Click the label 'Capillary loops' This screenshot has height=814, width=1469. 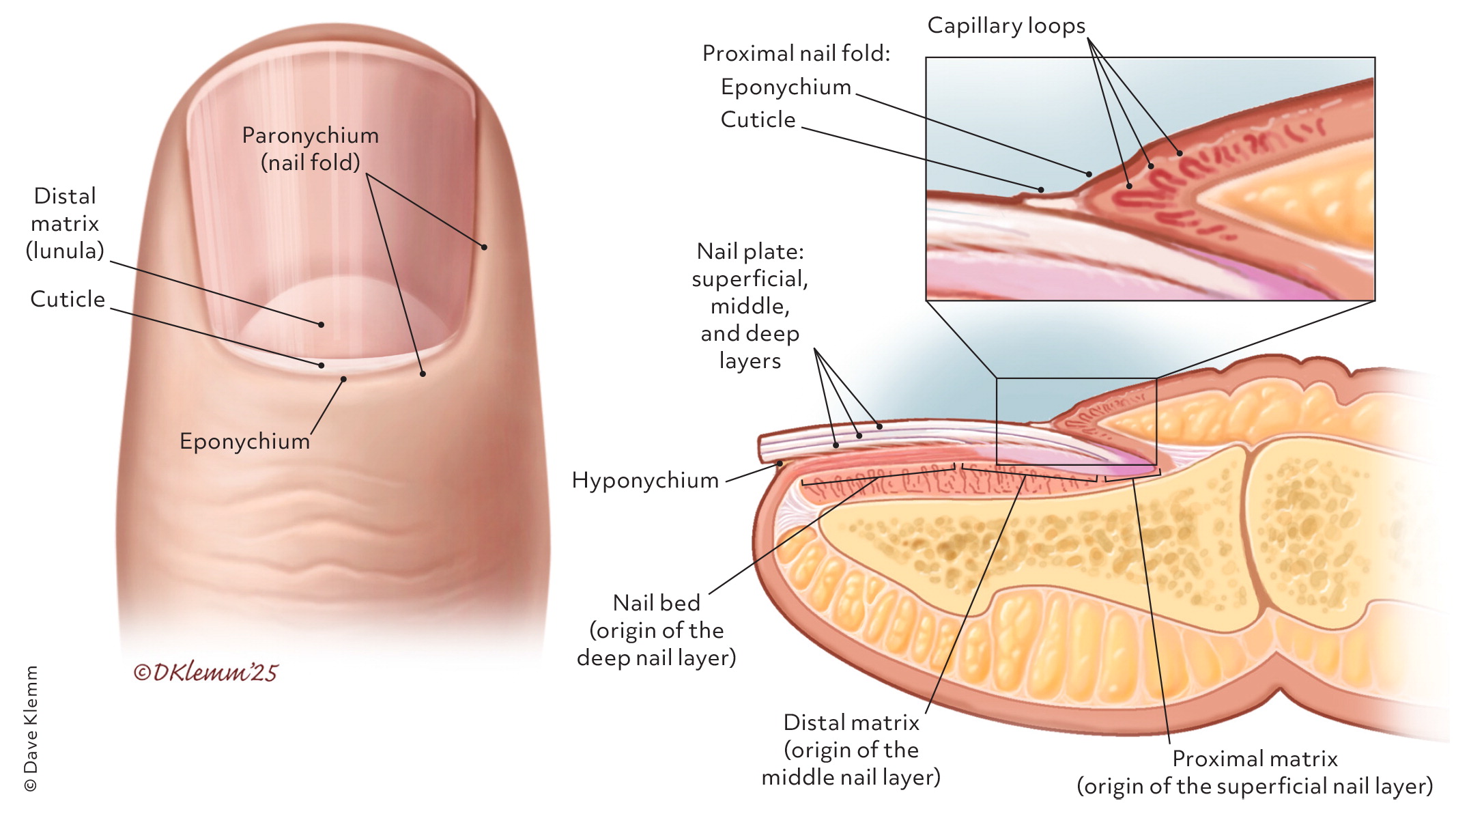[1006, 26]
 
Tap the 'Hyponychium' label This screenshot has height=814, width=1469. [645, 480]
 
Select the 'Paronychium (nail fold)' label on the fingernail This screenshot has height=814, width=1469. [311, 149]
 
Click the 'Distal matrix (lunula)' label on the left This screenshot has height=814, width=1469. [65, 223]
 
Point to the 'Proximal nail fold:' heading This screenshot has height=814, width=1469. [796, 53]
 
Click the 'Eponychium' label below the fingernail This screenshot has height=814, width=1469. [244, 441]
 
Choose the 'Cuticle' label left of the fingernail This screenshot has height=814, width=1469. [68, 299]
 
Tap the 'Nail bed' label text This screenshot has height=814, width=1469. [656, 603]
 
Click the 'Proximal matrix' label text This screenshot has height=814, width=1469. [1255, 759]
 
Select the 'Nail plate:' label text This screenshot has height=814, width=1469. [750, 251]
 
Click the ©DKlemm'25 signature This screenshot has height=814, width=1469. [205, 673]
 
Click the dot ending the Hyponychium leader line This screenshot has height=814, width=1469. [780, 464]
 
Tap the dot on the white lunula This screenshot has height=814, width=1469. [321, 324]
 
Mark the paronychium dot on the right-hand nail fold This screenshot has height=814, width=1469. [484, 247]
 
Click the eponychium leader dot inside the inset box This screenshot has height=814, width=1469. [1089, 174]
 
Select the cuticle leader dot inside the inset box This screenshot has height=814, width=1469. [1041, 190]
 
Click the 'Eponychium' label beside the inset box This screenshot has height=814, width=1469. [786, 87]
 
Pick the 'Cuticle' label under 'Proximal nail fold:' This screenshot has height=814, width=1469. [758, 120]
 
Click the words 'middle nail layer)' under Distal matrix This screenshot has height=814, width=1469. [851, 777]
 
